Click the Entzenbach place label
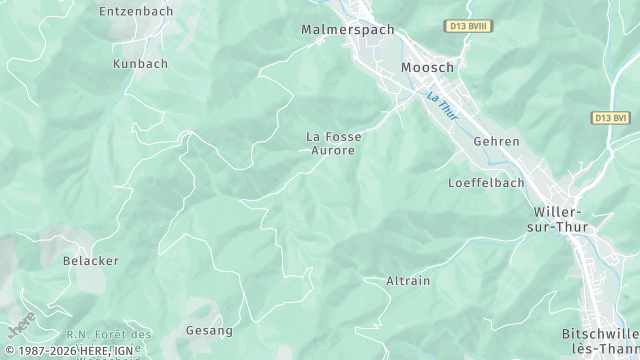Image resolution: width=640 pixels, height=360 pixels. click(x=136, y=11)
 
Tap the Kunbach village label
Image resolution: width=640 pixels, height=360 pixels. click(x=141, y=63)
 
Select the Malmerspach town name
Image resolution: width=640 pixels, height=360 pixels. click(x=348, y=30)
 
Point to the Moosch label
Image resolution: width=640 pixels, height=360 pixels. click(x=427, y=67)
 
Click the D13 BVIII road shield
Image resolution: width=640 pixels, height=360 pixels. click(x=468, y=27)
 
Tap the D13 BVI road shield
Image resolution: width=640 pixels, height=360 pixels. click(x=610, y=118)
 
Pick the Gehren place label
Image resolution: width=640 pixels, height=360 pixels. click(x=497, y=142)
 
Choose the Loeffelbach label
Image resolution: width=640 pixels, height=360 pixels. click(x=486, y=183)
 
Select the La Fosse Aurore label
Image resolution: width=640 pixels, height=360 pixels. click(x=333, y=143)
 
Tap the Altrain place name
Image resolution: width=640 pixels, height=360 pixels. click(x=408, y=281)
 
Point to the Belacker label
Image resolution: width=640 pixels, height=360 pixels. click(x=91, y=261)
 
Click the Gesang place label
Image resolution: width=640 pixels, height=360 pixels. click(x=209, y=330)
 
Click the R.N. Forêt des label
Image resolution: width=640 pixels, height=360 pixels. click(x=108, y=333)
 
